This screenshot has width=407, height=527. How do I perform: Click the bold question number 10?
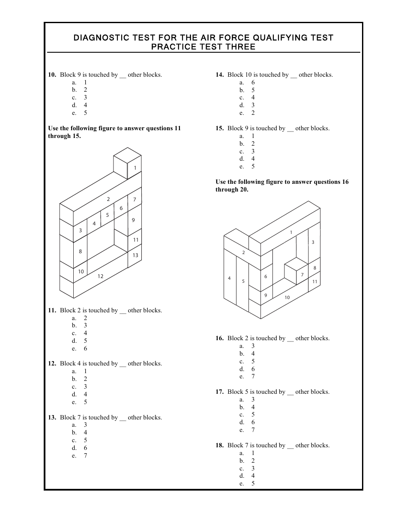point(52,75)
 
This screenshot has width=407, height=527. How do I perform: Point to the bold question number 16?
point(219,338)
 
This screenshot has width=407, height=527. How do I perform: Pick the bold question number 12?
point(52,363)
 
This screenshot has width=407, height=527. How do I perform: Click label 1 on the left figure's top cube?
point(135,168)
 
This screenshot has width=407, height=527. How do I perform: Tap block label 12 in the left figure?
point(101,276)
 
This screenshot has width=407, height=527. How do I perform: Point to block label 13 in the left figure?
point(135,255)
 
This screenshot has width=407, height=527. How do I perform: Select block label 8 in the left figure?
point(80,252)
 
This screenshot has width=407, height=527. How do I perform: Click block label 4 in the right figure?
point(229,278)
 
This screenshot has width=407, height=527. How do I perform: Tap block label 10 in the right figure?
point(287,297)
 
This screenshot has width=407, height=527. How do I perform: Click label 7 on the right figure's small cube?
point(302,275)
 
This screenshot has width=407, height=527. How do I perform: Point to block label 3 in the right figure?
point(313,243)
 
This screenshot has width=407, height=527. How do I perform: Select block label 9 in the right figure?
point(266,295)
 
